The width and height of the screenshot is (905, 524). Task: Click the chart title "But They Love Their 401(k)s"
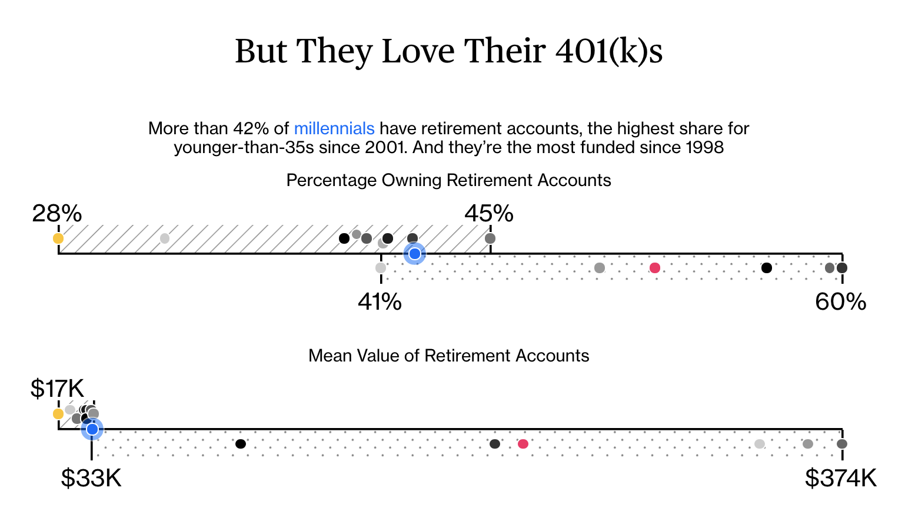(449, 51)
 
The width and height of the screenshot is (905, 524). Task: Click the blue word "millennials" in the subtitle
(334, 128)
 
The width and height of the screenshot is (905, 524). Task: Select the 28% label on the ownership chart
(57, 213)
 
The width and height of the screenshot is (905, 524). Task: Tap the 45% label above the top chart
(489, 213)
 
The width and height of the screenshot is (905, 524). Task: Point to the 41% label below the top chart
(380, 301)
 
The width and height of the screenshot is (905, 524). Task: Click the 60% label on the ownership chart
(841, 301)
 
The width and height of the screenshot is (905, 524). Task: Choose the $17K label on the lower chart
(57, 388)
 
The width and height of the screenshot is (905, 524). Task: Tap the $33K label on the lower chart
(91, 478)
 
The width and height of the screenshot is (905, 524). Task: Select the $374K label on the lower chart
(841, 478)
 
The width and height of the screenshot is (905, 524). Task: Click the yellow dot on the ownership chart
(58, 238)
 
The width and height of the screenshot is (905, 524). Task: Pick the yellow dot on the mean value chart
(58, 414)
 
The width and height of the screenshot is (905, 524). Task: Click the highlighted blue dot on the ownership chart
(414, 254)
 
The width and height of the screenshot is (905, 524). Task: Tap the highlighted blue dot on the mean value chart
(92, 429)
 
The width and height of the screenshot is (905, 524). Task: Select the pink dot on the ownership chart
(655, 268)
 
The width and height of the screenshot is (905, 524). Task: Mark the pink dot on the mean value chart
(523, 444)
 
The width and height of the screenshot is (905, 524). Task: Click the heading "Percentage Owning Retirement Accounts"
(448, 180)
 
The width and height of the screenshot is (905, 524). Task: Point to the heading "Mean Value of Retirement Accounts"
(448, 356)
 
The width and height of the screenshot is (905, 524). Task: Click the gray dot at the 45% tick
(490, 238)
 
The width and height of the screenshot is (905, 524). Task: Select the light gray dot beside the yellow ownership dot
(165, 238)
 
